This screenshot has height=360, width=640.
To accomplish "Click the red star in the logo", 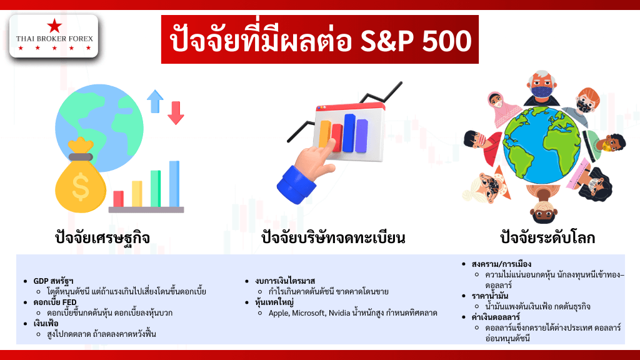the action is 54,26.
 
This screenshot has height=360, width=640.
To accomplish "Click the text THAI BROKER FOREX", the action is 54,39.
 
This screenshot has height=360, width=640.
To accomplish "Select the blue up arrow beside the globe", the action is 155,101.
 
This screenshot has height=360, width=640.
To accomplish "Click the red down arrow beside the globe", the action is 176,112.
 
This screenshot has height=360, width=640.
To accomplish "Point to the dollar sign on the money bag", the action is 81,186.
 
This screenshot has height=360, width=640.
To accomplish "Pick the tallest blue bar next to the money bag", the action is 174,184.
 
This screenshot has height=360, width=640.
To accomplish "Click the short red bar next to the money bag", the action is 118,199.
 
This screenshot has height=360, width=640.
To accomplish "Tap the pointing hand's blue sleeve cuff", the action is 296,184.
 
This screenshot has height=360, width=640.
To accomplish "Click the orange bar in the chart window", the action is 324,134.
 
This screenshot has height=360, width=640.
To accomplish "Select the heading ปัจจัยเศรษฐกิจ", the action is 102,237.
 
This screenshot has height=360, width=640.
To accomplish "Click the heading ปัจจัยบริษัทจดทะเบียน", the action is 333,237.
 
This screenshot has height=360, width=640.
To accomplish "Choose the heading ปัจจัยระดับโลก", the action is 547,237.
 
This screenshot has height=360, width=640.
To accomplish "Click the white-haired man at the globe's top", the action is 542,88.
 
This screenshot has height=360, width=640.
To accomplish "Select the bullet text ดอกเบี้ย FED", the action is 55,302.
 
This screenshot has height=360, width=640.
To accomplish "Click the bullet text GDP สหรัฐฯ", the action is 54,281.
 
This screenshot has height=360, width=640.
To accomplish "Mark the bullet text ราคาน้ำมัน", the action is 490,296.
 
